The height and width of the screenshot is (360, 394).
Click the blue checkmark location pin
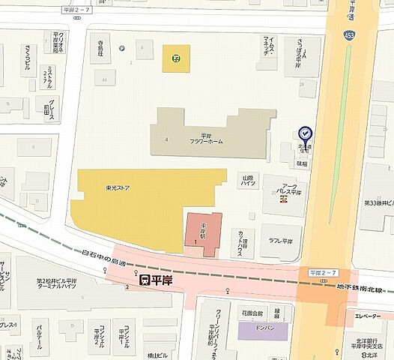point(306,133)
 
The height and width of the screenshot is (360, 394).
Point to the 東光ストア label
point(118,188)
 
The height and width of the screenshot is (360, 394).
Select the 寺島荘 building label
point(94,44)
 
